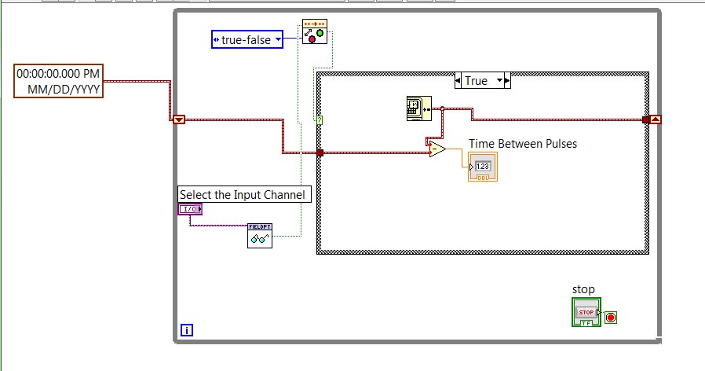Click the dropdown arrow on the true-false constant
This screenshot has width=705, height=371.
(x=277, y=39)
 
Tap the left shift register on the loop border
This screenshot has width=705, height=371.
(x=179, y=119)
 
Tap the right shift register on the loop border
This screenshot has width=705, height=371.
(x=655, y=119)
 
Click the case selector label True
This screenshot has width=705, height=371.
(x=477, y=81)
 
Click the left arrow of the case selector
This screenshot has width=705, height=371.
(x=459, y=81)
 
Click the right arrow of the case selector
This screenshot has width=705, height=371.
(x=506, y=81)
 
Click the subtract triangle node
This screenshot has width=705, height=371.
(x=437, y=149)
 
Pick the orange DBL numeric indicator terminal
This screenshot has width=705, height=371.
(x=481, y=167)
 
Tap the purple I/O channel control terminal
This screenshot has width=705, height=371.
(x=190, y=209)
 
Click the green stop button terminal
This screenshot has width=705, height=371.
(x=586, y=312)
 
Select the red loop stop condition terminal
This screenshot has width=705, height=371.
(x=611, y=318)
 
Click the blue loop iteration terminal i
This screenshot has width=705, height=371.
(x=187, y=330)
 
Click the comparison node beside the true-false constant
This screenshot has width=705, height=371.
(x=315, y=31)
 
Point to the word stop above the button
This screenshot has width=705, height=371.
(x=583, y=289)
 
